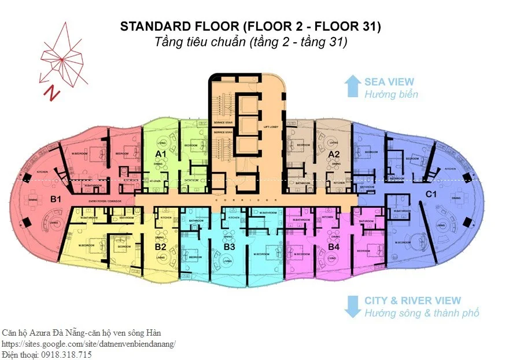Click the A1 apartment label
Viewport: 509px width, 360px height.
click(x=161, y=153)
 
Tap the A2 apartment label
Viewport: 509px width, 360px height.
click(x=334, y=155)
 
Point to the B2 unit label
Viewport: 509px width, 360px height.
click(x=161, y=247)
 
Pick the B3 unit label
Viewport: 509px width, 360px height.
click(x=229, y=247)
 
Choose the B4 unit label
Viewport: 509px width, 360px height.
click(x=333, y=247)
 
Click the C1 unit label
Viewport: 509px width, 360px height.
click(x=430, y=194)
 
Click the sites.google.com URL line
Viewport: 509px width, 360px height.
click(x=88, y=344)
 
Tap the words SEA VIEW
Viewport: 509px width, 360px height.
click(x=389, y=82)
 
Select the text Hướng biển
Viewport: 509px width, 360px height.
click(x=391, y=94)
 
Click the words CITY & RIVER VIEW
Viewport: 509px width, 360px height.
click(x=412, y=301)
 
